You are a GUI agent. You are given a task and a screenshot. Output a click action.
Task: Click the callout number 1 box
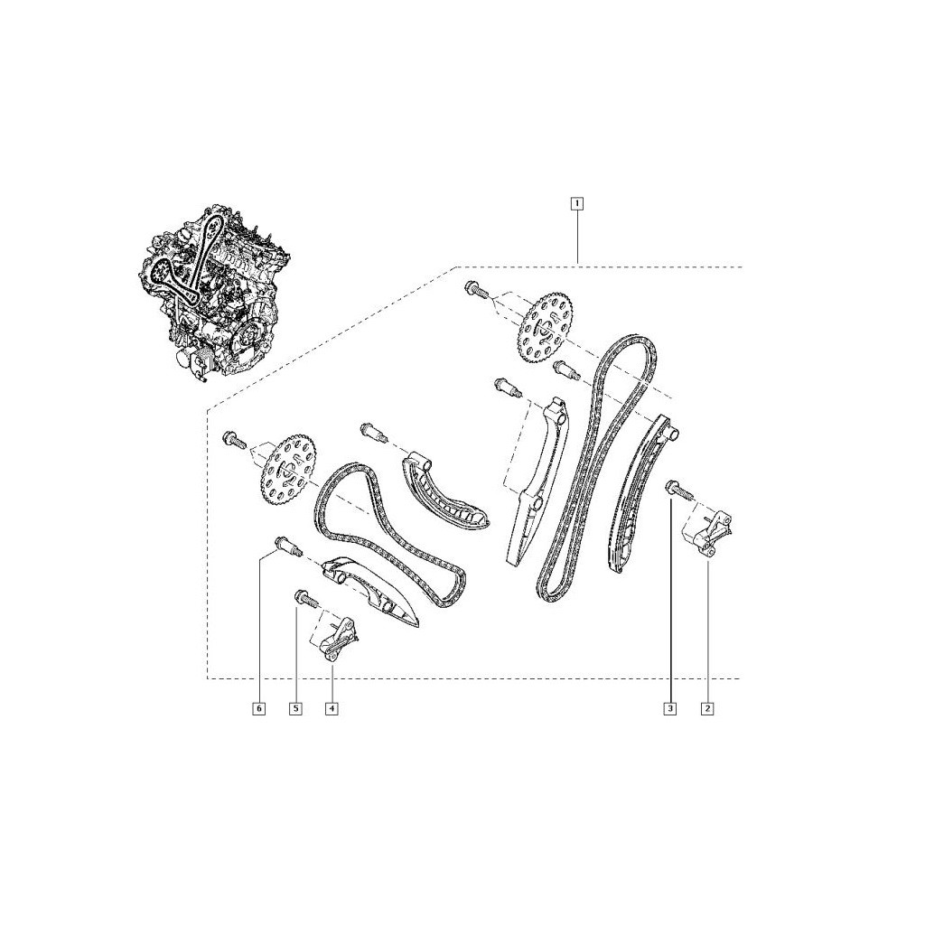click(575, 203)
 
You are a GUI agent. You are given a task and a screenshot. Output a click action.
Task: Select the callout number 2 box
click(707, 709)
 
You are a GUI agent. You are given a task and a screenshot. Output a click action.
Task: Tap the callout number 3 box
click(669, 709)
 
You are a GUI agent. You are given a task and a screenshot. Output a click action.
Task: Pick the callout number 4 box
click(332, 709)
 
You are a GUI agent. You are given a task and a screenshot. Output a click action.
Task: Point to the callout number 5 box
click(295, 709)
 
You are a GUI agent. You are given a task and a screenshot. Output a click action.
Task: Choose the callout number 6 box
click(258, 709)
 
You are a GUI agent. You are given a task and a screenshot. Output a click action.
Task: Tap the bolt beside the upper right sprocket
click(475, 292)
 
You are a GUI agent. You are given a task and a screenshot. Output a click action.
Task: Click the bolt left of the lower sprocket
click(234, 440)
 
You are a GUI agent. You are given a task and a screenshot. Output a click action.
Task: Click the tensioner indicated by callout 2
click(710, 533)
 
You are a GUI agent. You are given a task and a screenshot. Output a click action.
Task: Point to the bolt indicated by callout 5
click(303, 597)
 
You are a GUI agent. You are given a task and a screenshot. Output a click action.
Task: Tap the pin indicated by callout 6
click(285, 546)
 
